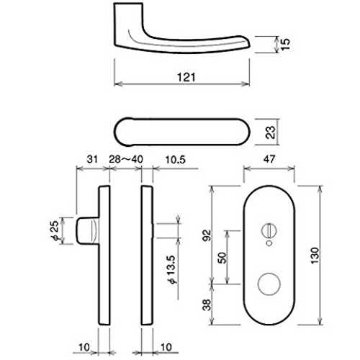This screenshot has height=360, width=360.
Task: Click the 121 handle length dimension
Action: point(186,77)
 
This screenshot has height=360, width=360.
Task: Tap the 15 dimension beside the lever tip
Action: point(285,44)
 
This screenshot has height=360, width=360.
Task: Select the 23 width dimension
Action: point(271,132)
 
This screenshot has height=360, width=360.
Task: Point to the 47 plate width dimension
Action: point(269,159)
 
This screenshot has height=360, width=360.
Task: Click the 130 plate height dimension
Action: point(315,256)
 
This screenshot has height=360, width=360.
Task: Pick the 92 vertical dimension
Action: point(207,235)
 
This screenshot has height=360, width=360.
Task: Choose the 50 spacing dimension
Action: point(222,258)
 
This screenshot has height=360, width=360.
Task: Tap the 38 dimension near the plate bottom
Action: point(207,305)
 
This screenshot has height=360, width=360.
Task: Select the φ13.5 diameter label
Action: point(172,270)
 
